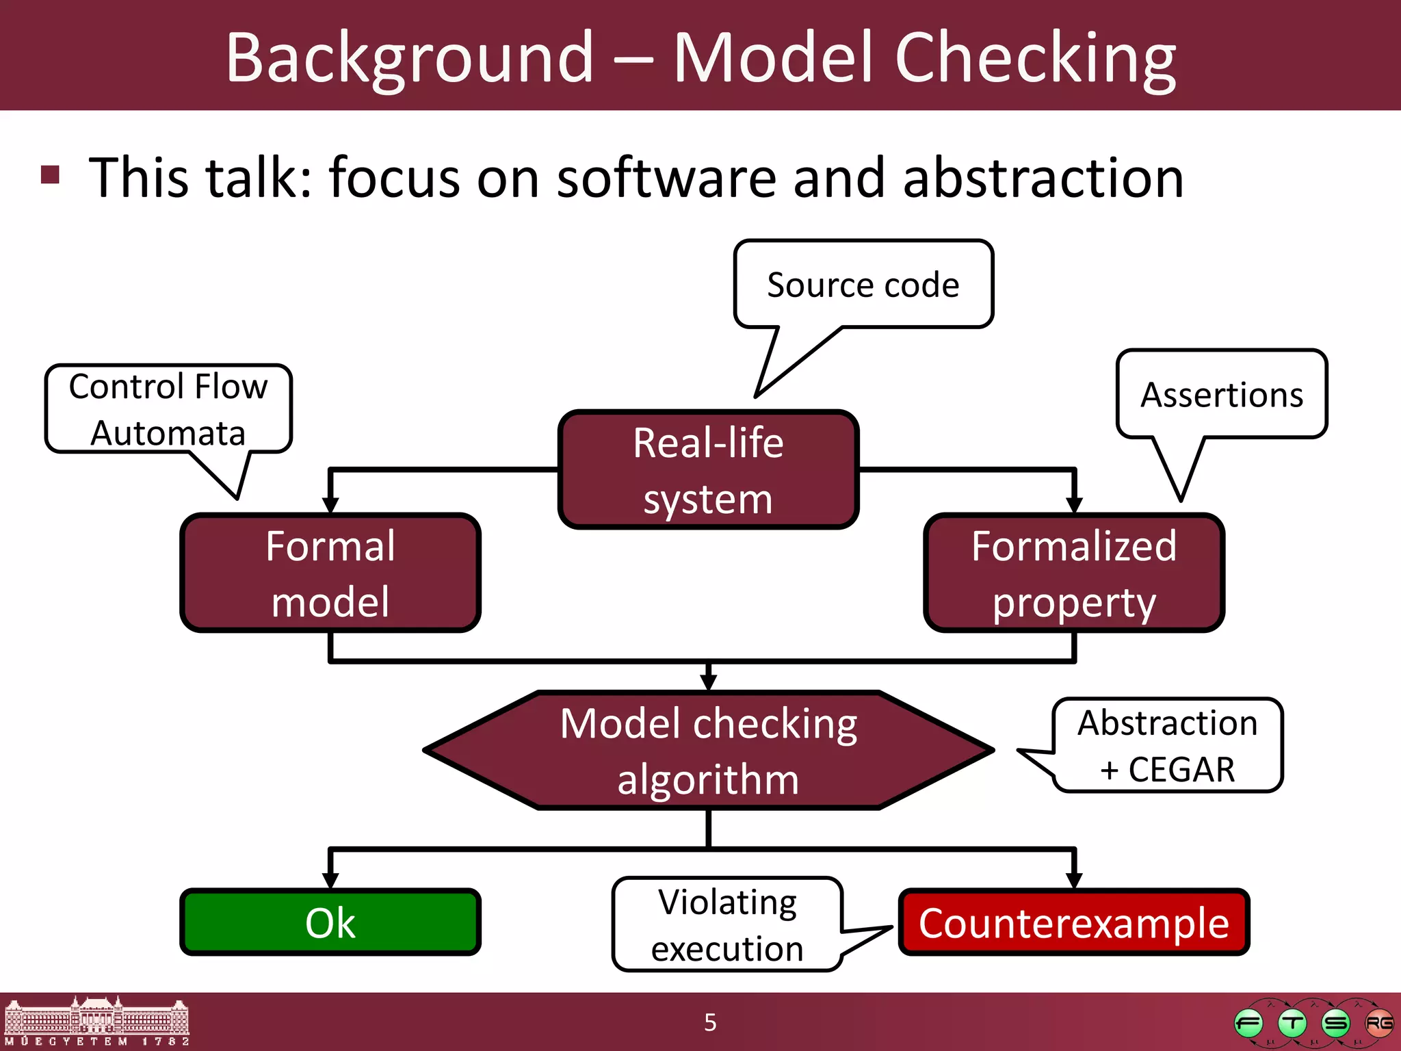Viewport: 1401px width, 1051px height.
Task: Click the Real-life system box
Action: click(708, 470)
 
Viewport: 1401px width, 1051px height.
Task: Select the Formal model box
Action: click(330, 573)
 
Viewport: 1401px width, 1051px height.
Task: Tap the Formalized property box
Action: click(1074, 573)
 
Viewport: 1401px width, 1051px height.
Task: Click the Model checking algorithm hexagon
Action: click(708, 751)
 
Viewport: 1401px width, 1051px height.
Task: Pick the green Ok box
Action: click(330, 922)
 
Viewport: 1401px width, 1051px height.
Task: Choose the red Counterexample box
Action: click(1074, 922)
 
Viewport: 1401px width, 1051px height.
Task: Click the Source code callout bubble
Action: click(863, 285)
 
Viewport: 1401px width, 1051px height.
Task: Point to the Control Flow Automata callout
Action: click(168, 409)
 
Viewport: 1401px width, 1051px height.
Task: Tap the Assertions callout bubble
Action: click(1222, 395)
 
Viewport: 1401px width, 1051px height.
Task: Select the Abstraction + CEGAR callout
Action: click(1167, 745)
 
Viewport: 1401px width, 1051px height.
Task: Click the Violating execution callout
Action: click(727, 924)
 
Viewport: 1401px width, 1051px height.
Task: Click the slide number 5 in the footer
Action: click(710, 1022)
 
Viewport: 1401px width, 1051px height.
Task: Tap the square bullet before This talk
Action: click(50, 174)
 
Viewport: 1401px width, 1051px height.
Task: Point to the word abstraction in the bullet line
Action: click(1043, 178)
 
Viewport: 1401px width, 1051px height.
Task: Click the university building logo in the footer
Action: click(96, 1021)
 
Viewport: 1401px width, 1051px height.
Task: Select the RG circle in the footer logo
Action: click(1378, 1023)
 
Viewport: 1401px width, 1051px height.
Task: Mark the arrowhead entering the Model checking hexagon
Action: click(708, 682)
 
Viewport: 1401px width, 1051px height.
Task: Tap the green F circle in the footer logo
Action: click(1248, 1024)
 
